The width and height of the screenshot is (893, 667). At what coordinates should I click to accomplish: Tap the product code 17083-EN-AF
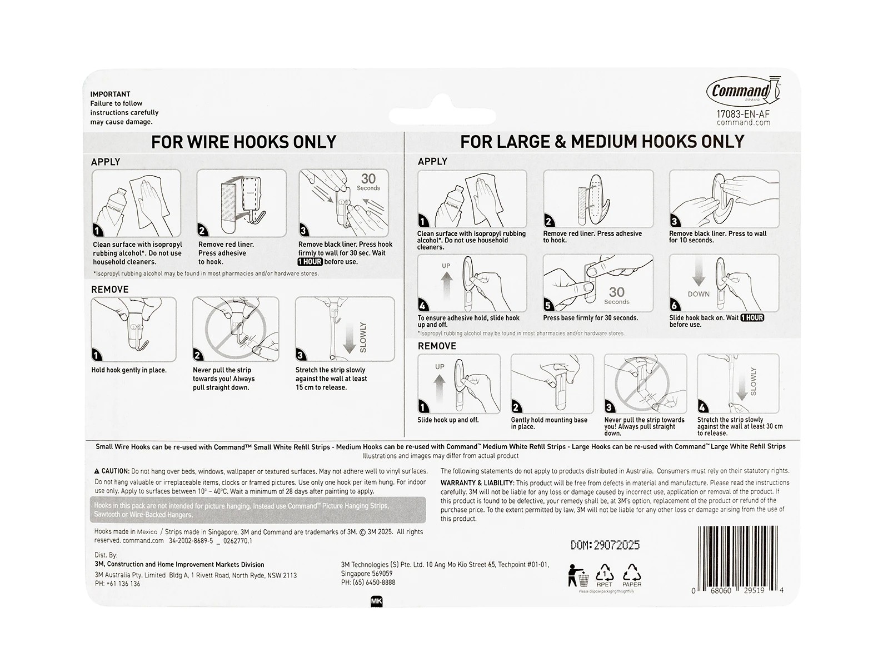tap(743, 114)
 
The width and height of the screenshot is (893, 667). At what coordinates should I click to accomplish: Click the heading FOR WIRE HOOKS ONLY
tap(243, 142)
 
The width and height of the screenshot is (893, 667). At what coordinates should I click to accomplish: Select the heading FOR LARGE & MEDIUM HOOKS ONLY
tap(602, 142)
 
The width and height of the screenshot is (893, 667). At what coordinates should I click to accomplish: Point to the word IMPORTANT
tap(111, 94)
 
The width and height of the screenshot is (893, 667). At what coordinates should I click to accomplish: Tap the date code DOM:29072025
tap(605, 545)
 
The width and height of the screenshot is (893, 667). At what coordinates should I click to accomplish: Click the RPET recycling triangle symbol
tap(604, 574)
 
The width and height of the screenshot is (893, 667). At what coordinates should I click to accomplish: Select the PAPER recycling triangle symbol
tap(632, 574)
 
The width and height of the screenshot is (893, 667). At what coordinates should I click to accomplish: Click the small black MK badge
tap(376, 601)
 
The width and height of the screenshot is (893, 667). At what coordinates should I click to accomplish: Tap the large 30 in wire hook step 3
tap(368, 179)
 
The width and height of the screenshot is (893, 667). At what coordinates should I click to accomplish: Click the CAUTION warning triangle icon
tap(97, 471)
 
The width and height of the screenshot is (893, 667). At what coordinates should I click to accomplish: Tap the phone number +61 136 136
tap(117, 584)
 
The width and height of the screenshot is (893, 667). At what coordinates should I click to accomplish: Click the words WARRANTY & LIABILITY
tap(477, 483)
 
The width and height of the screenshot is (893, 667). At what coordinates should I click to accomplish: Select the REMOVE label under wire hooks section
tap(110, 290)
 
